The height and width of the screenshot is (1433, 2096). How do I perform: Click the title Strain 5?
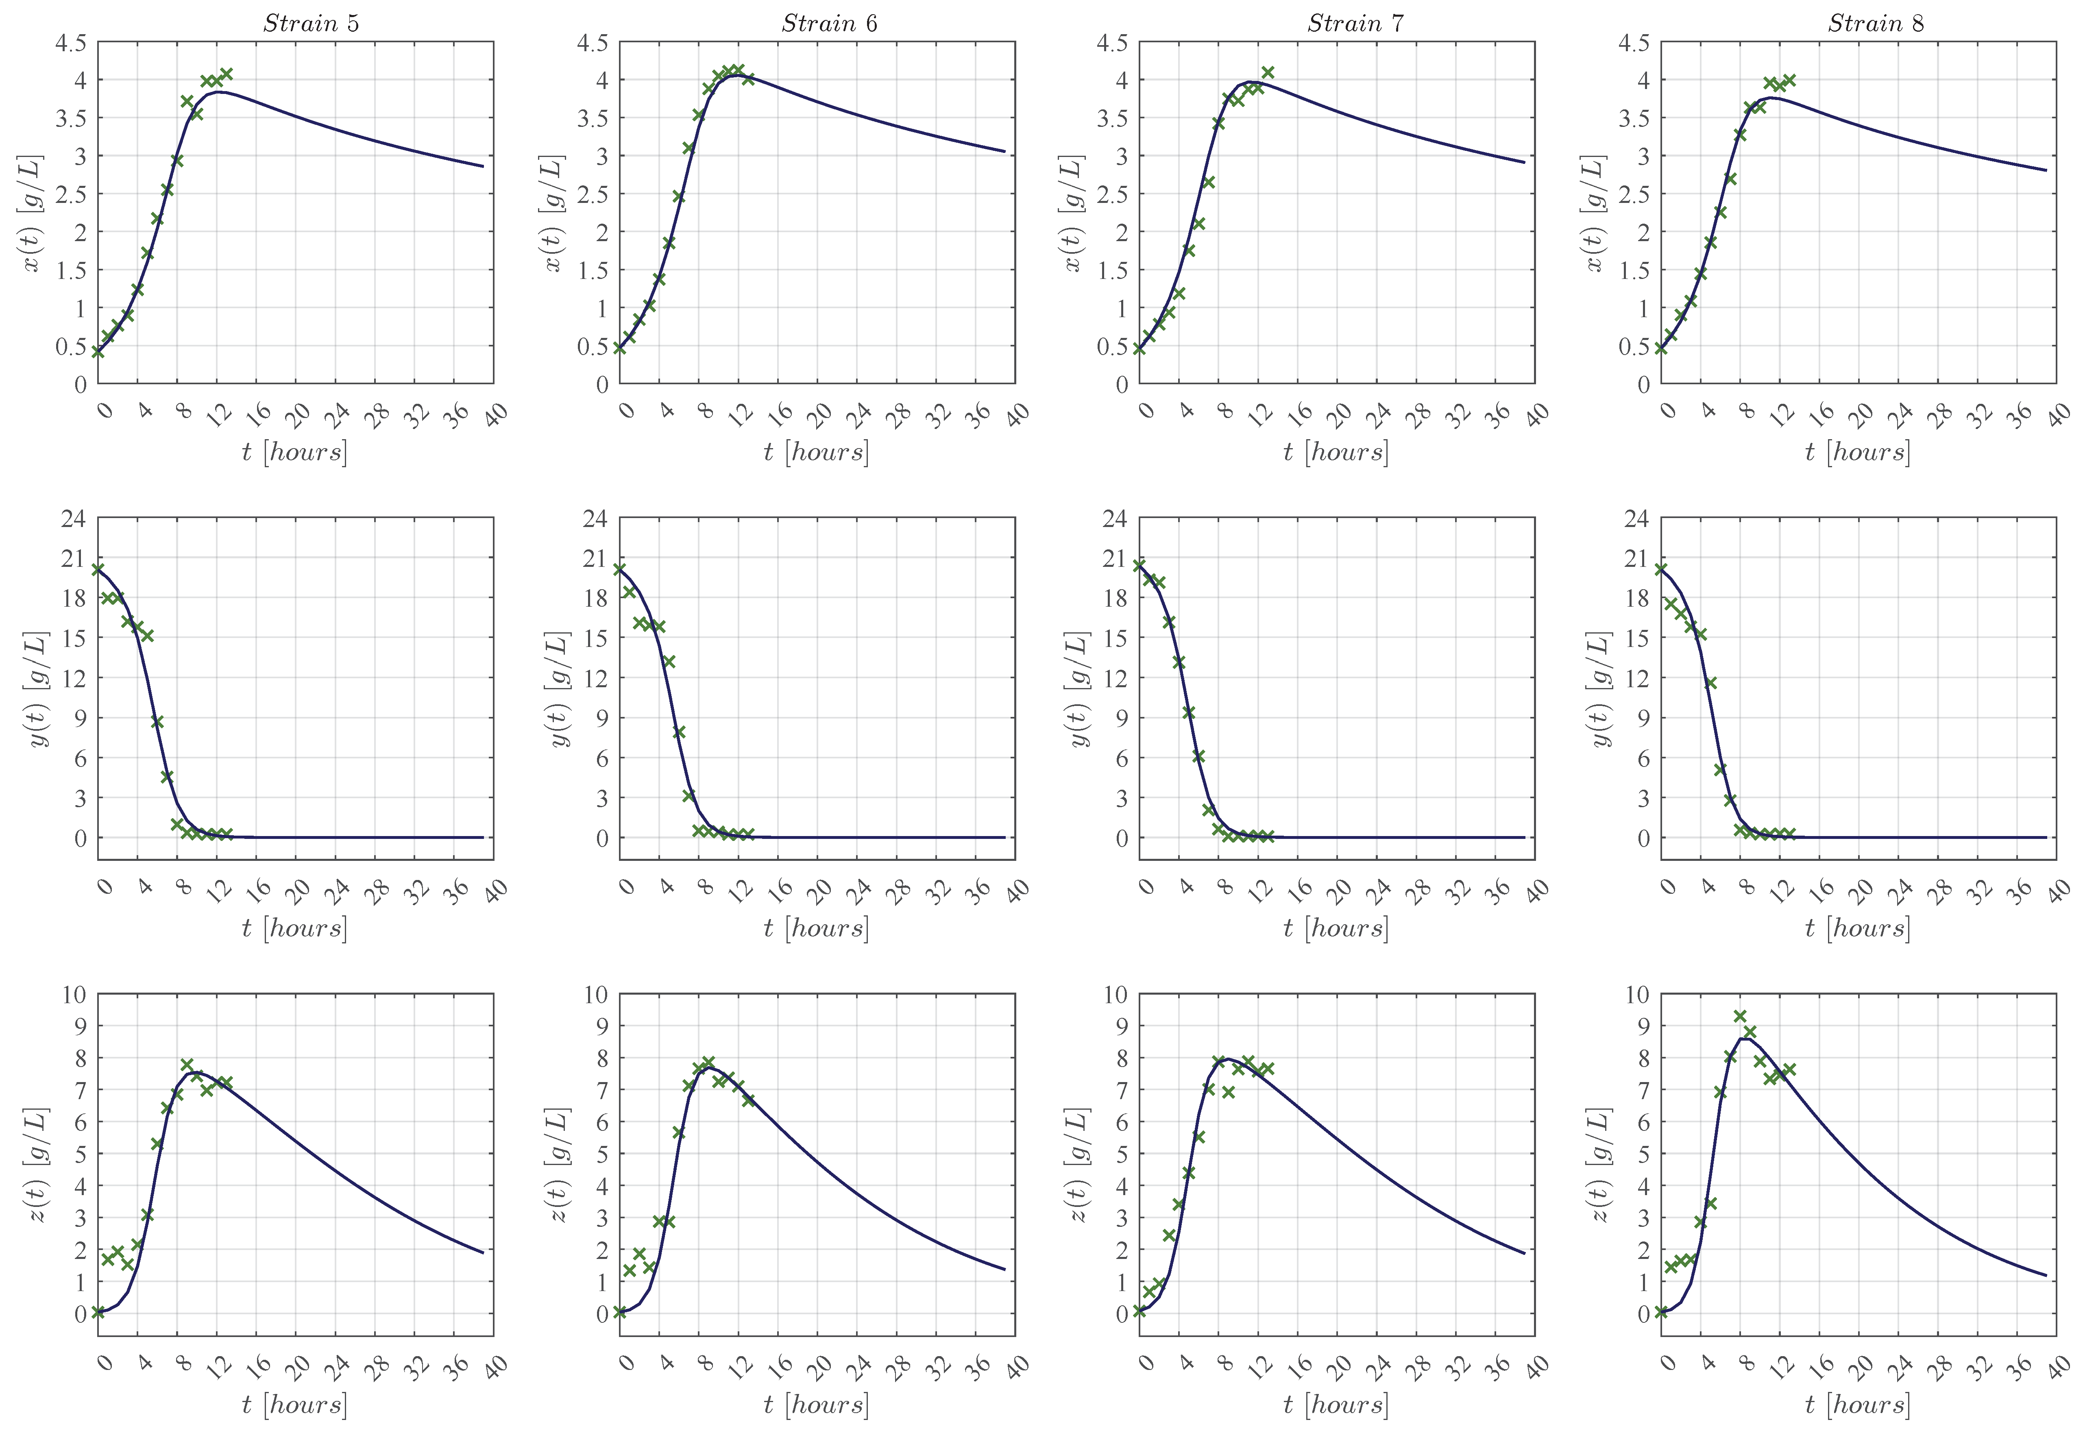(x=311, y=24)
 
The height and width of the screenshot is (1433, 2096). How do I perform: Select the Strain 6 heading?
(x=829, y=24)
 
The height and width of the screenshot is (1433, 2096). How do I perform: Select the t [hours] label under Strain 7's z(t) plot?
(x=1336, y=1404)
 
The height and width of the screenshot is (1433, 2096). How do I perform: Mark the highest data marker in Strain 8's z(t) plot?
(x=1740, y=1016)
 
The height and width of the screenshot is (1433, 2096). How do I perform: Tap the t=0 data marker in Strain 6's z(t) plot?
(x=620, y=1312)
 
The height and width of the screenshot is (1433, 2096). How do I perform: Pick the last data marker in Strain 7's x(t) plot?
(x=1267, y=72)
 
